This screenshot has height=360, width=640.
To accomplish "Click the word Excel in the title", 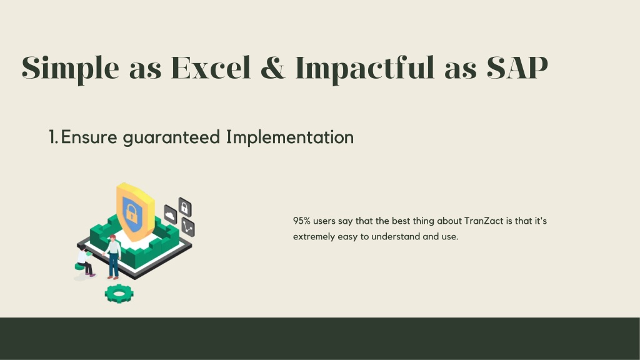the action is tap(211, 67).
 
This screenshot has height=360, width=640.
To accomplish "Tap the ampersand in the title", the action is tap(272, 67).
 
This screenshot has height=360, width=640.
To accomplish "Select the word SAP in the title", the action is tap(517, 67).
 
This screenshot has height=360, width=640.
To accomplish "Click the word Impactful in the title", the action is tap(365, 69).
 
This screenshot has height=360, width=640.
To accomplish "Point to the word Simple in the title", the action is tap(70, 69).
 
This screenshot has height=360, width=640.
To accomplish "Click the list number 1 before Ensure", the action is tap(53, 137).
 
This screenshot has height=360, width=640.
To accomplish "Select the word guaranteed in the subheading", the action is tap(171, 138).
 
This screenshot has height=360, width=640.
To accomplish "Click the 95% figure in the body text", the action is tap(302, 221).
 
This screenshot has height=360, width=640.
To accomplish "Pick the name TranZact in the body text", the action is tap(484, 221).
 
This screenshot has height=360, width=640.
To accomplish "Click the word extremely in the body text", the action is tap(314, 237).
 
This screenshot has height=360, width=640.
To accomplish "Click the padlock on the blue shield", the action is tap(131, 212).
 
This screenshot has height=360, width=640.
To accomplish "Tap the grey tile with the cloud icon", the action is tap(171, 214).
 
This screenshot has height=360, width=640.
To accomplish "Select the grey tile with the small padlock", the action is tap(184, 207).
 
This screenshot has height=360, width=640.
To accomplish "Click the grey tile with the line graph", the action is tap(187, 227).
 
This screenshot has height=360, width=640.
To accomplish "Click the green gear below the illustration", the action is tap(119, 294).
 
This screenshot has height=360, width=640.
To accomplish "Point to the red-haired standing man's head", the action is tap(112, 238).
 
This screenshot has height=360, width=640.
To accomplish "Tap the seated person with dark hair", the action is tap(85, 261).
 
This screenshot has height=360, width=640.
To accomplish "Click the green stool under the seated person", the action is tap(81, 267).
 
